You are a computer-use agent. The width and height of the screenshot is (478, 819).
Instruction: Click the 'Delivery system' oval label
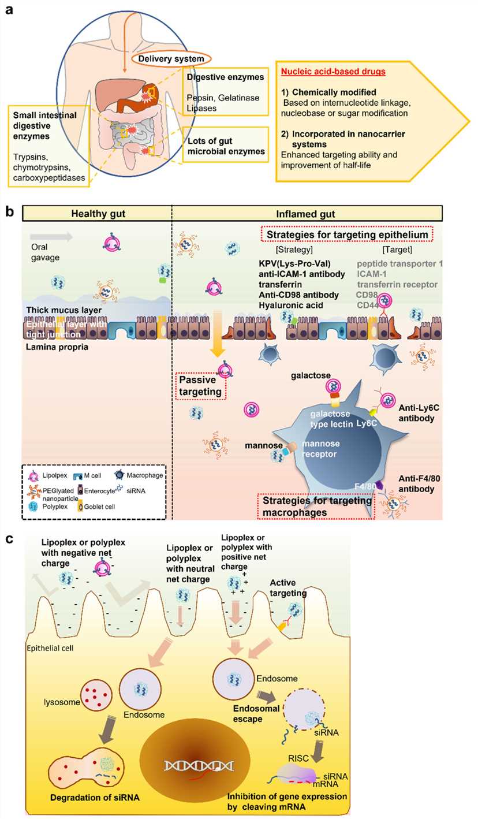pos(171,58)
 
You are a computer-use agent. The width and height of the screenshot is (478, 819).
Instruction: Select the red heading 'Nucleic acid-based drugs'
pos(333,72)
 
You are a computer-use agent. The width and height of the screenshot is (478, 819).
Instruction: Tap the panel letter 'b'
pos(9,212)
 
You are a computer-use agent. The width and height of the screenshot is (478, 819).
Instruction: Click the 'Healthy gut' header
pos(98,214)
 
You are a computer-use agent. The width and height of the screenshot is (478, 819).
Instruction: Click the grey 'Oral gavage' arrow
pos(51,236)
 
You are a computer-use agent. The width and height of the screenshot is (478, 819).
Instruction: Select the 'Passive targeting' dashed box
pos(200,385)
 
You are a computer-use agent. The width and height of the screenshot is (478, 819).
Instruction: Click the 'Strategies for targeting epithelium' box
pos(346,234)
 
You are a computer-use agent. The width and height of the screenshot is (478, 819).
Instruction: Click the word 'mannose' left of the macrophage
pos(264,445)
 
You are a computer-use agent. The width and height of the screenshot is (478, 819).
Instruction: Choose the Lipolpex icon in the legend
pos(33,475)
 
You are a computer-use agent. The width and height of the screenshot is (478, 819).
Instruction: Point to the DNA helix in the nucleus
pos(198,765)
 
